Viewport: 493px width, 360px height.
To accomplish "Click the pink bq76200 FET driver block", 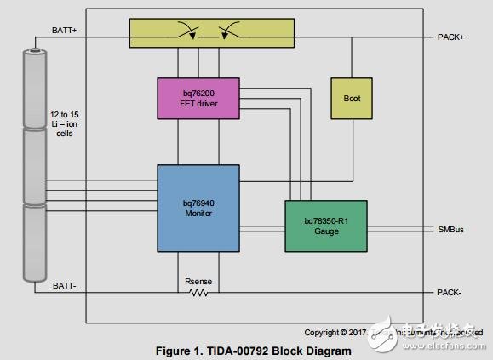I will pos(198,98).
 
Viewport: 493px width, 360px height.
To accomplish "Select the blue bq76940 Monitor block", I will pos(198,207).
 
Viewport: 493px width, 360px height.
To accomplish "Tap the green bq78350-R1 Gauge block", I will pos(325,226).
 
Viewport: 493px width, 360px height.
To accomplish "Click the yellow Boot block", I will pos(352,99).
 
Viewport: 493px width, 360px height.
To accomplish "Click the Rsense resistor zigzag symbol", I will pos(198,293).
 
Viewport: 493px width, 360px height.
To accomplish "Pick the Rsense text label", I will pos(198,280).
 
